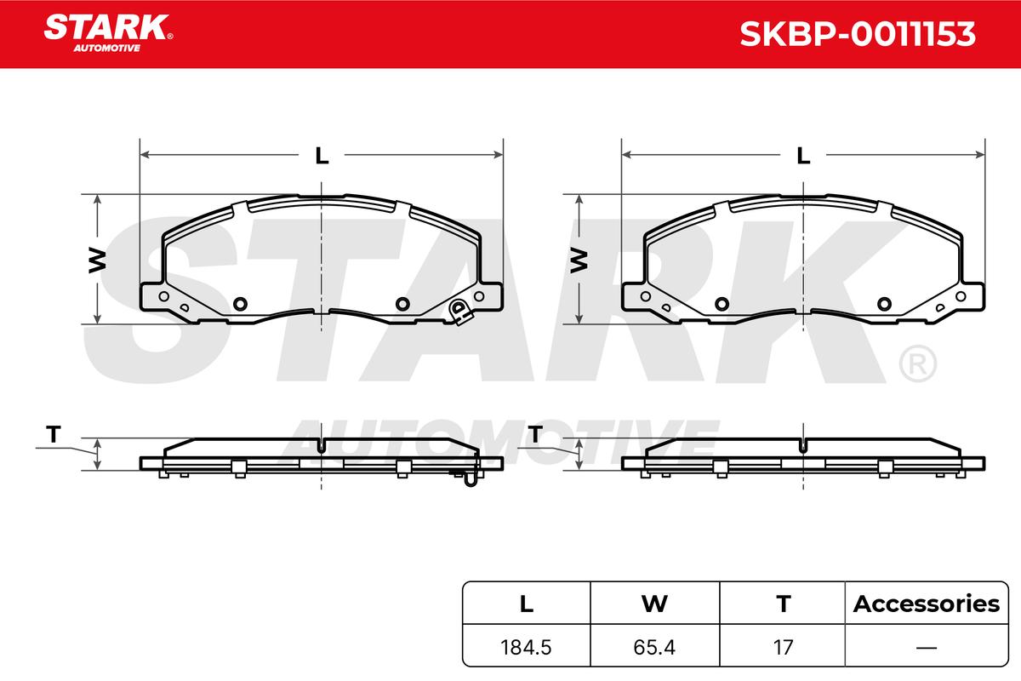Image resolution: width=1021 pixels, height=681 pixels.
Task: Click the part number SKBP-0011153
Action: coord(858,34)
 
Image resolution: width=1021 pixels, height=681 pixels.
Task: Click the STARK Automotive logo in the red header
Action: coord(109,33)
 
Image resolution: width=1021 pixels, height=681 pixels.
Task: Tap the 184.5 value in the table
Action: coord(526,647)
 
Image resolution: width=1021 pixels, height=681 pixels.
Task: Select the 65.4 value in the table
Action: coord(654,647)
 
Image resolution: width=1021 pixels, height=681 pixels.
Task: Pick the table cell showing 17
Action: coord(783,647)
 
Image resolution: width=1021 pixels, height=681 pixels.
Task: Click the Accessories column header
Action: coord(927,604)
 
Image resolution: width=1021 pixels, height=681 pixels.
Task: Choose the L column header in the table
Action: coord(527,604)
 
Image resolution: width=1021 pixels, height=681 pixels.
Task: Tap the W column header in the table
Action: coord(654,604)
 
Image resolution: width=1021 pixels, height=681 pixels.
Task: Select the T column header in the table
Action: coord(783,604)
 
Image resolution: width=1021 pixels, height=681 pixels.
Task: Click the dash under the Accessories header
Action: coord(927,647)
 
